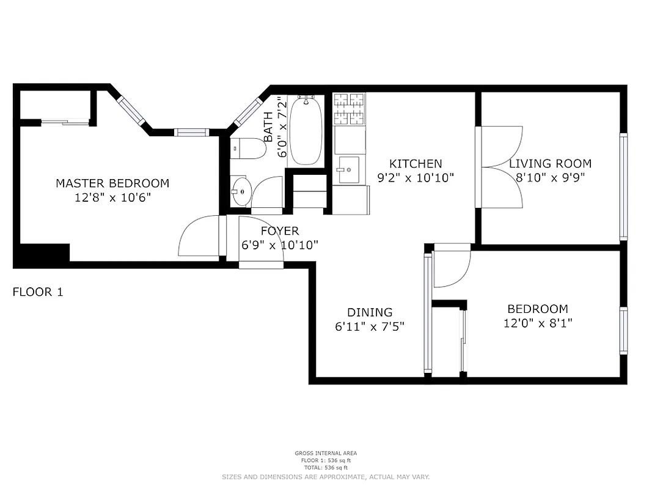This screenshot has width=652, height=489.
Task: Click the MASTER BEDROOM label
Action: tap(112, 183)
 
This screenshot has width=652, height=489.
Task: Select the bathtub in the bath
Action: tap(306, 131)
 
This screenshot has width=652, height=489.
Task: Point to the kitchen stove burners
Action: tap(350, 108)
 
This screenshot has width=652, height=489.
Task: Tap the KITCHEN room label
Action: tap(416, 164)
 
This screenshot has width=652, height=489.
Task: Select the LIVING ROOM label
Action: tap(550, 164)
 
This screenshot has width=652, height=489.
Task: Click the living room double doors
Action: tap(500, 167)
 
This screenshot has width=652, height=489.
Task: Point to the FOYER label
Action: tap(280, 231)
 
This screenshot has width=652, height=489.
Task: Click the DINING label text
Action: tap(370, 312)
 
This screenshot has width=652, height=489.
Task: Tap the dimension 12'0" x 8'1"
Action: tap(537, 323)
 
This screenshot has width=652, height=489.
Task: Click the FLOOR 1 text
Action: tap(38, 292)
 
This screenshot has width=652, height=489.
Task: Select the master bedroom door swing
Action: tap(197, 237)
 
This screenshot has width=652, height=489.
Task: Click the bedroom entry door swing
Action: tap(451, 268)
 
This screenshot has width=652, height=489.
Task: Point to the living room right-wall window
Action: tap(623, 186)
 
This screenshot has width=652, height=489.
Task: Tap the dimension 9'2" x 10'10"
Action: tap(416, 178)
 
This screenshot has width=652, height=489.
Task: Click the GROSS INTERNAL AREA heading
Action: tap(326, 454)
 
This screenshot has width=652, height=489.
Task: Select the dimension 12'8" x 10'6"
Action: tap(112, 197)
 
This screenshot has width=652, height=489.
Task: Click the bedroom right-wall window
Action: tap(623, 330)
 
